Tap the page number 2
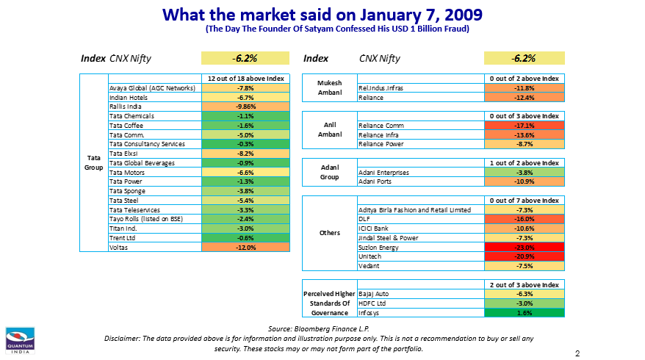coord(577,353)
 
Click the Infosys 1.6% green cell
coord(524,312)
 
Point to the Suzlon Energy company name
coord(379,248)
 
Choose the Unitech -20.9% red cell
coord(524,256)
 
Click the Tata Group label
coord(93,162)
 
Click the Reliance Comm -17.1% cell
coord(524,126)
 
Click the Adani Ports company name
coord(375,181)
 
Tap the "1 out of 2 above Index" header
coord(524,163)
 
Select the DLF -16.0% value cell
coord(524,219)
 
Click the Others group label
coord(330,233)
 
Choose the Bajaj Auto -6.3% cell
coord(524,294)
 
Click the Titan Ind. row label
coord(124,228)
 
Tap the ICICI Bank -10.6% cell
coord(524,228)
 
